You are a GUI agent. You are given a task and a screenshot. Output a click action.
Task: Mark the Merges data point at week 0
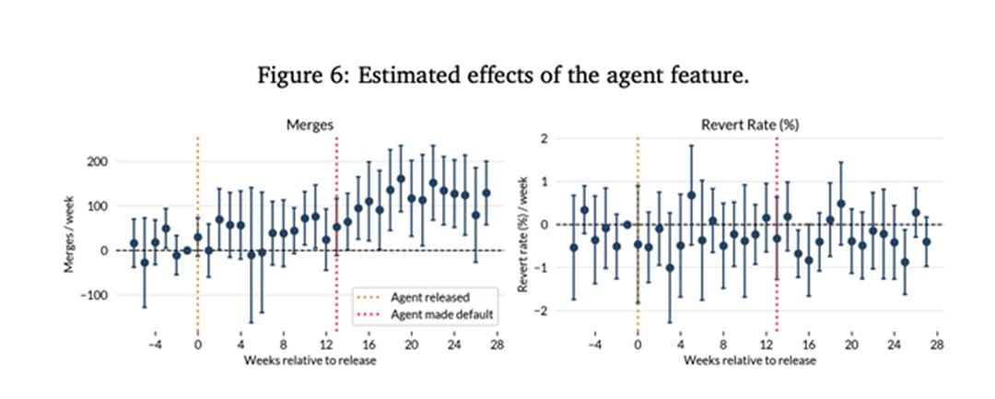pos(197,237)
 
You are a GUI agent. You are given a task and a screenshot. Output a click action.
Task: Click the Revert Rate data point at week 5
pos(691,195)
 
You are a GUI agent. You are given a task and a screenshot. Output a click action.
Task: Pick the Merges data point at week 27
pos(486,194)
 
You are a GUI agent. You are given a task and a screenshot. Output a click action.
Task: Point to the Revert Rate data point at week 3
pos(670,268)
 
